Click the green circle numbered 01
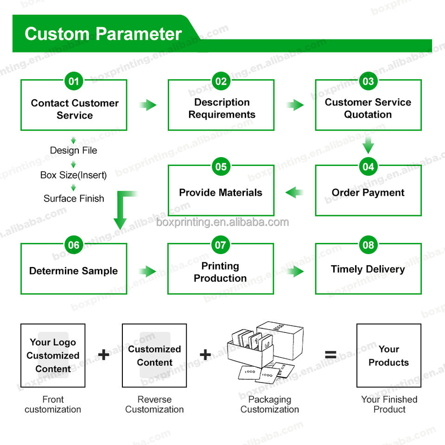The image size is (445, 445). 74,82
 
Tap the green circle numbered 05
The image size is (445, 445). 221,166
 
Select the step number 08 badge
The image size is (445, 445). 368,245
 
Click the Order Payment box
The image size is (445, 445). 368,192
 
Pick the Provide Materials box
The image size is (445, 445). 221,192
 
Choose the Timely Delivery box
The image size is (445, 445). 368,269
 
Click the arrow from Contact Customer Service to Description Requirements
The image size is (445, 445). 148,105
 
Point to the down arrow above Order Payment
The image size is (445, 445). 368,145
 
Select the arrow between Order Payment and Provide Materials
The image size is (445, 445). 294,192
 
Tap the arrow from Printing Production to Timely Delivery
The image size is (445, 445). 295,271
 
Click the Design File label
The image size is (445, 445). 74,150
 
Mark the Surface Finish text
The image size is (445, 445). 74,198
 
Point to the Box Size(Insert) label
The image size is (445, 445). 74,175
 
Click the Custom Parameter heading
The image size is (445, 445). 103,34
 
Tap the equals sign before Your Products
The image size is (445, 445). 331,355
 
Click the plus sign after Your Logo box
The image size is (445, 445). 104,355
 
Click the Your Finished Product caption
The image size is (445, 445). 389,404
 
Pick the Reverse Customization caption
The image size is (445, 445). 154,404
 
